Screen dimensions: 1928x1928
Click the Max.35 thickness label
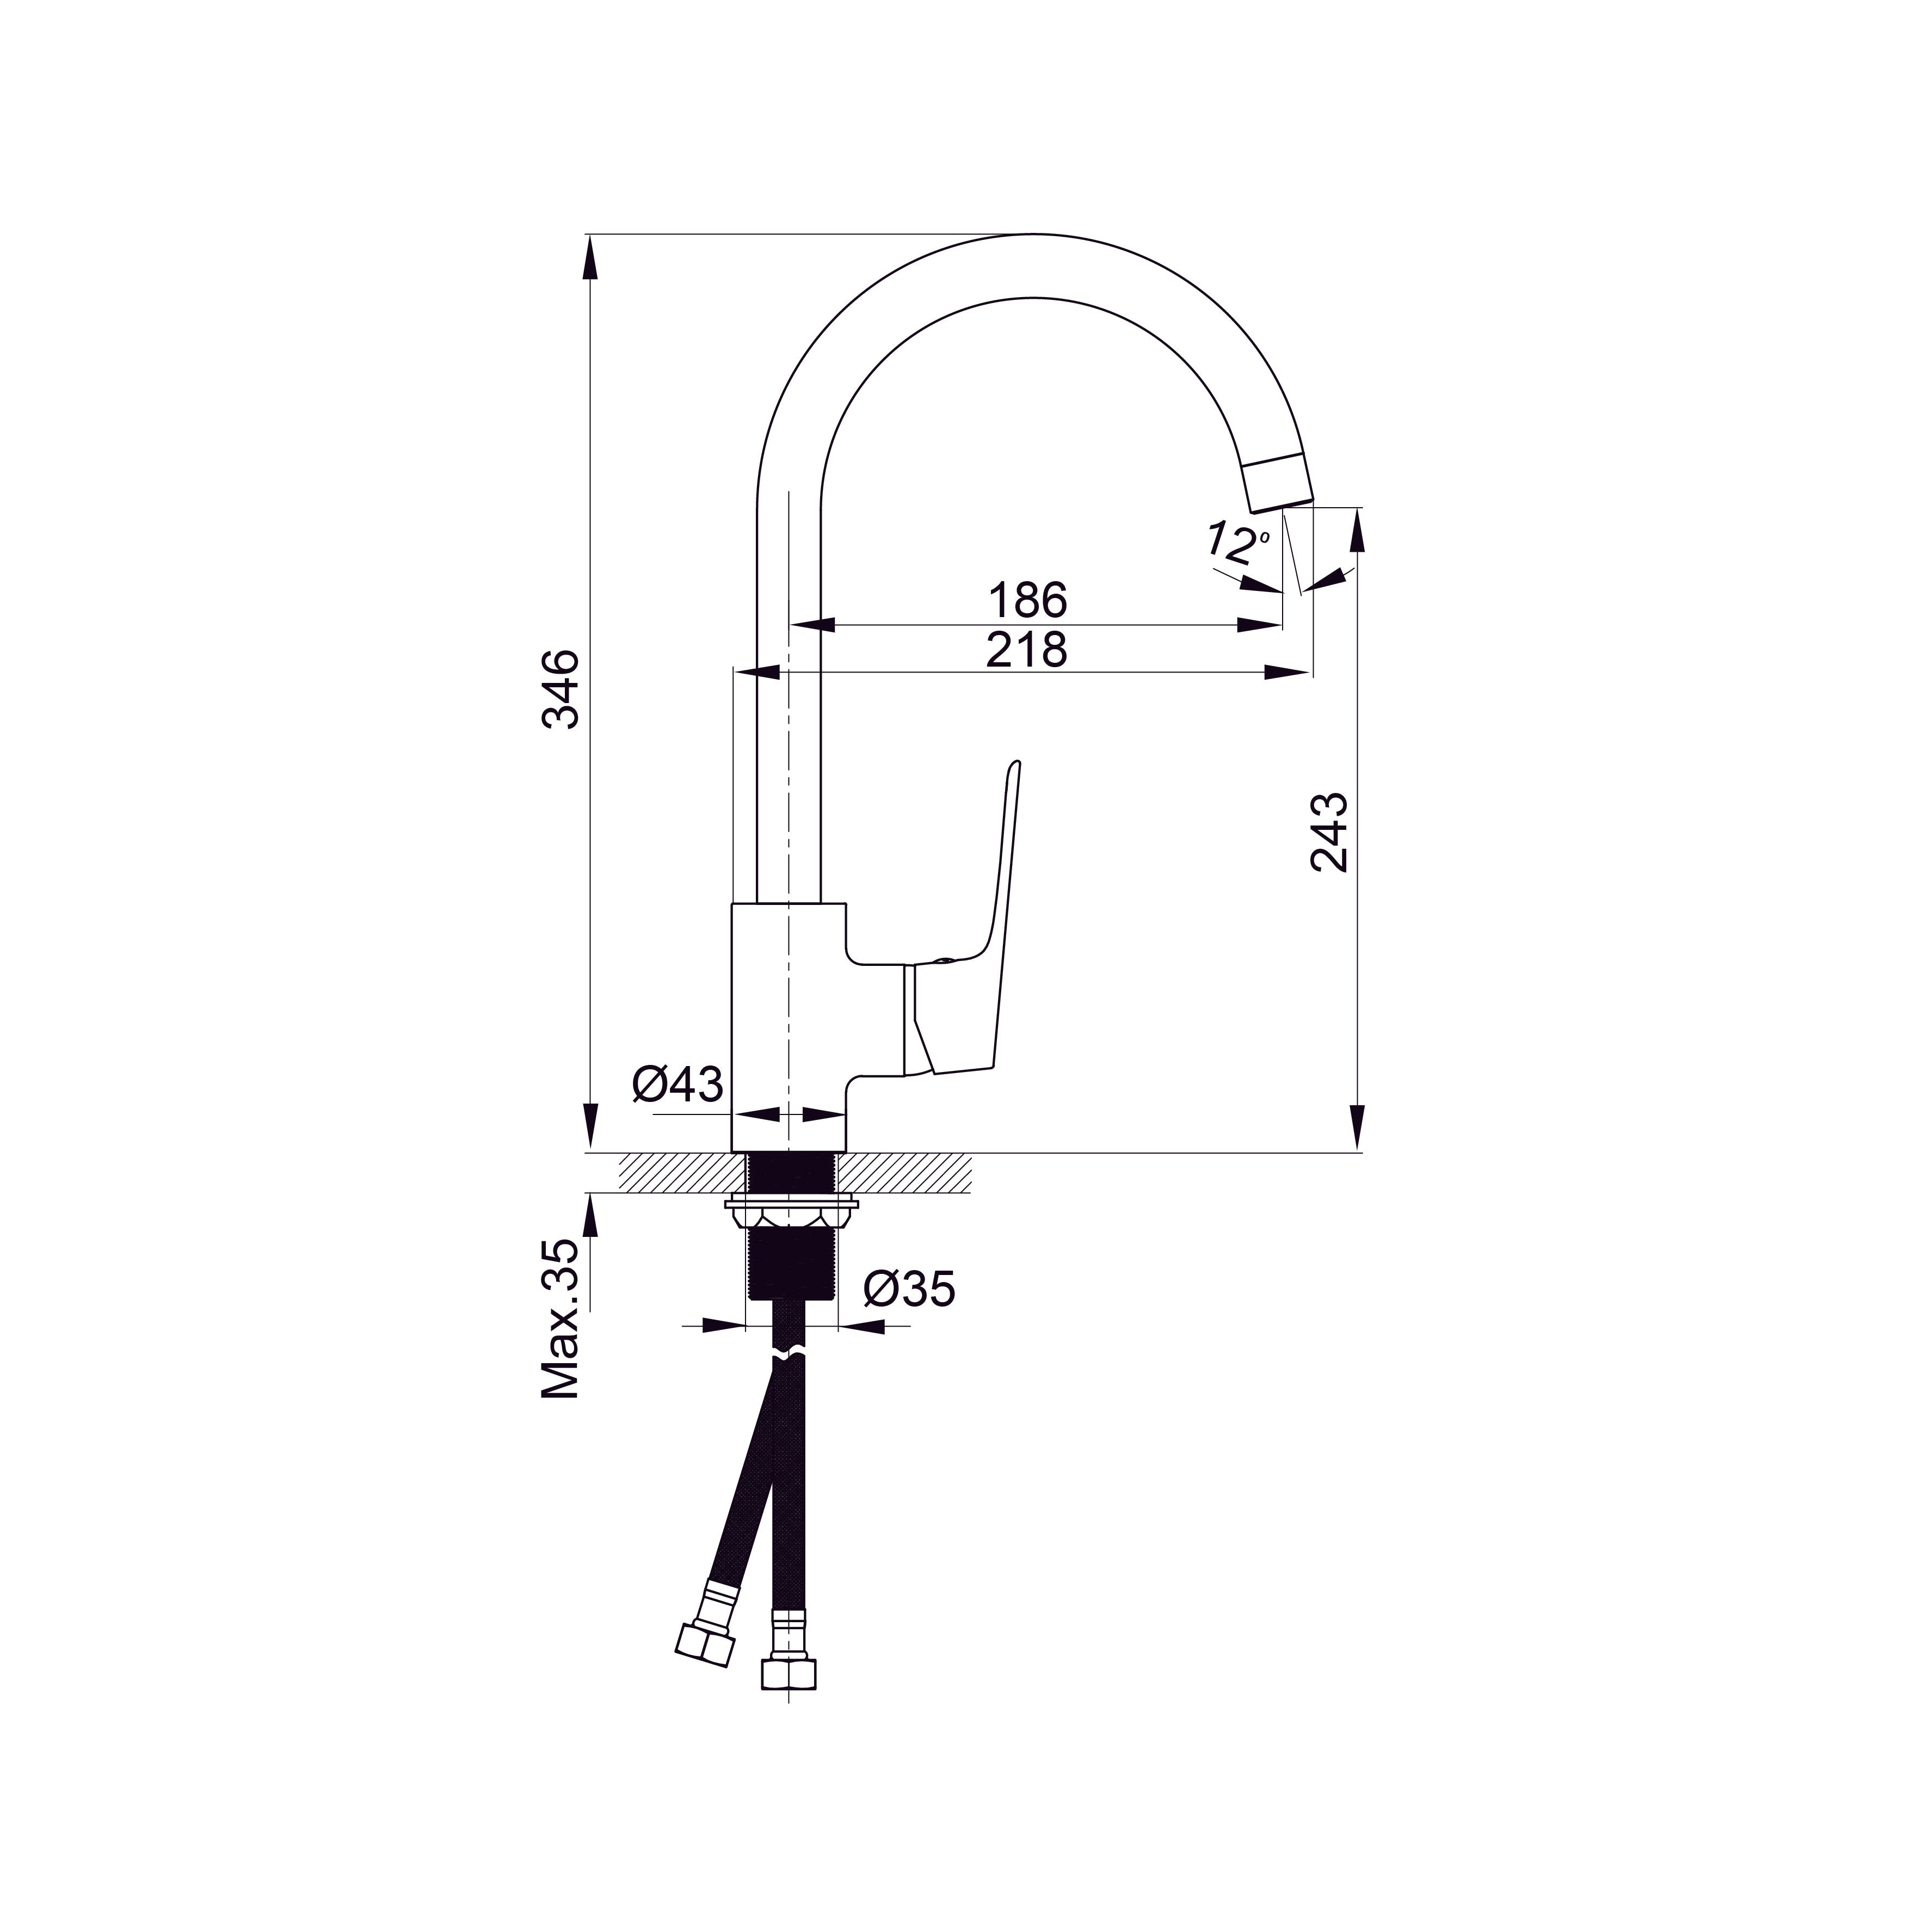[x=561, y=1319]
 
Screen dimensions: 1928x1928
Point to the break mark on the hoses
[x=789, y=1357]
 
